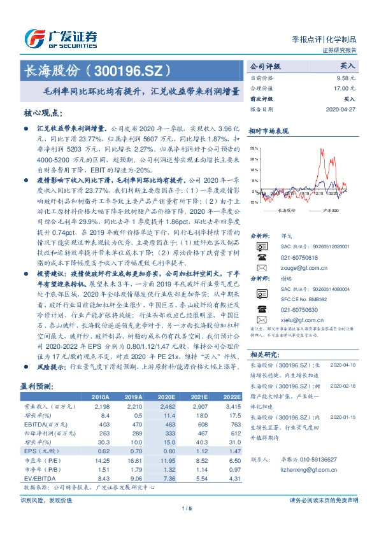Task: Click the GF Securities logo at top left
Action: (61, 38)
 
